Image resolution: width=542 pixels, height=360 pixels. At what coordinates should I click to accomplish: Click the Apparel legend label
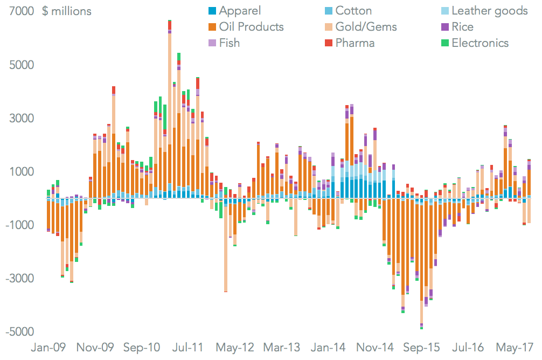(x=240, y=11)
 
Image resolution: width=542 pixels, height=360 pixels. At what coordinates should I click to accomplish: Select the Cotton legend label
(x=353, y=11)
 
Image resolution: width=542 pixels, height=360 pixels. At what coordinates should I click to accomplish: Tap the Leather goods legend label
(x=490, y=11)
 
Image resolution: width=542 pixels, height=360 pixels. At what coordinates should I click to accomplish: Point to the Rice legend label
(x=463, y=27)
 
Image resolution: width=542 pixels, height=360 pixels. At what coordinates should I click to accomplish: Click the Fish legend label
(x=229, y=43)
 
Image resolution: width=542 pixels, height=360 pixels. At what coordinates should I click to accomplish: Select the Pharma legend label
(x=355, y=43)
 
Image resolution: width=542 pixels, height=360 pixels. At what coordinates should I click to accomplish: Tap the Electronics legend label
(x=480, y=43)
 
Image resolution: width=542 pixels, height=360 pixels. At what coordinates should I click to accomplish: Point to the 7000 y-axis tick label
(x=19, y=11)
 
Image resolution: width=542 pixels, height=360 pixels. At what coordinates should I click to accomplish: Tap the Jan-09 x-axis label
(x=48, y=348)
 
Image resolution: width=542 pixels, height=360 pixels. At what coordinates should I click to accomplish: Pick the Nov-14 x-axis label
(x=373, y=348)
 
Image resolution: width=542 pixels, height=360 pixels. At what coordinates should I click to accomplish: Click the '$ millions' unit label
(x=67, y=11)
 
